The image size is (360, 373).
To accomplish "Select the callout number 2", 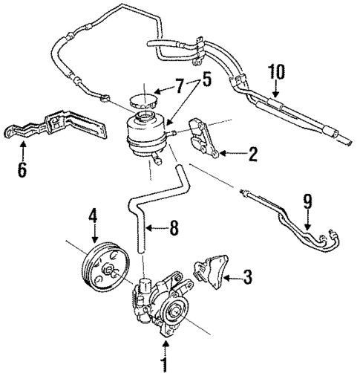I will pyautogui.click(x=252, y=155).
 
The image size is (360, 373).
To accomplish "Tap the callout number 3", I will pyautogui.click(x=247, y=279).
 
